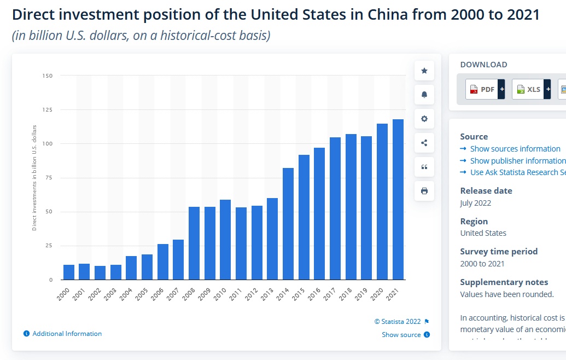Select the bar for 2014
point(288,224)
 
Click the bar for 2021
point(398,199)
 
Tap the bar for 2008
point(194,243)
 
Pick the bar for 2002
point(100,272)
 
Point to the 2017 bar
point(335,208)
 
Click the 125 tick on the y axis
point(47,110)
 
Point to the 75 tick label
point(49,178)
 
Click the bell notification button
point(424,95)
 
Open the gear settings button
point(424,119)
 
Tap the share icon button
point(424,143)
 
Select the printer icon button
point(424,191)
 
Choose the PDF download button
point(485,89)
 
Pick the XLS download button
point(531,89)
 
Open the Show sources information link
point(515,149)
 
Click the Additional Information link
point(67,334)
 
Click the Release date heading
point(486,191)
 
